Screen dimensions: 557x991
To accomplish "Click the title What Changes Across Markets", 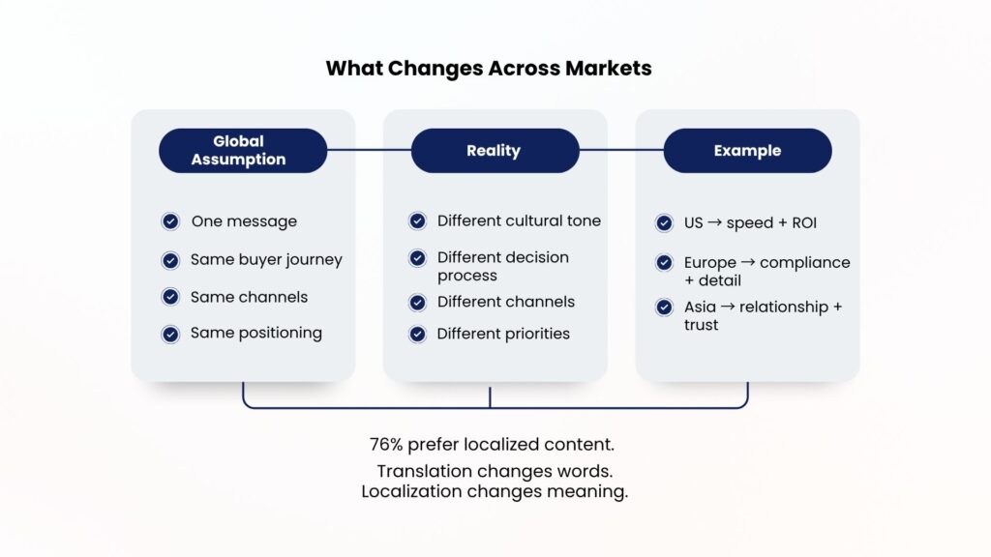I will click(488, 68).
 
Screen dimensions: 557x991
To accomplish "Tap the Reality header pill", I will click(494, 151).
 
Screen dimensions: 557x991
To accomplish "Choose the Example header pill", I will click(747, 151).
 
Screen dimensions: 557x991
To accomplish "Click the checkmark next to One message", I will click(170, 221).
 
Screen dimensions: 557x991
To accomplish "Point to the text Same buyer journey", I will click(266, 259).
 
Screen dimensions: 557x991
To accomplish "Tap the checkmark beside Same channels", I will click(170, 297).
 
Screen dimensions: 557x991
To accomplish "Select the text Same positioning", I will click(255, 333).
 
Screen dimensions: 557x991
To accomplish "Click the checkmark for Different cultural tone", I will click(417, 221).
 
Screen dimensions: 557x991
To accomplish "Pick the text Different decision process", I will click(502, 266).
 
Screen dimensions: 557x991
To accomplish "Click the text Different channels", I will click(505, 302).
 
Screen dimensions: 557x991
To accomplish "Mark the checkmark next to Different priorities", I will click(417, 334).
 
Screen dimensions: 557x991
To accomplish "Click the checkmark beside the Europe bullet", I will click(664, 262).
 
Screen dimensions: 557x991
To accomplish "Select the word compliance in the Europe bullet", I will click(805, 262).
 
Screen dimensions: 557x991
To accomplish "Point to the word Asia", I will click(700, 307).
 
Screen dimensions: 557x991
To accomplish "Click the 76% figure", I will click(385, 445).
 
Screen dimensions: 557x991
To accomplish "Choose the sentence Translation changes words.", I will click(495, 472).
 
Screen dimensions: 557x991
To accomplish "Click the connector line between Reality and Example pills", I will click(621, 151).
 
